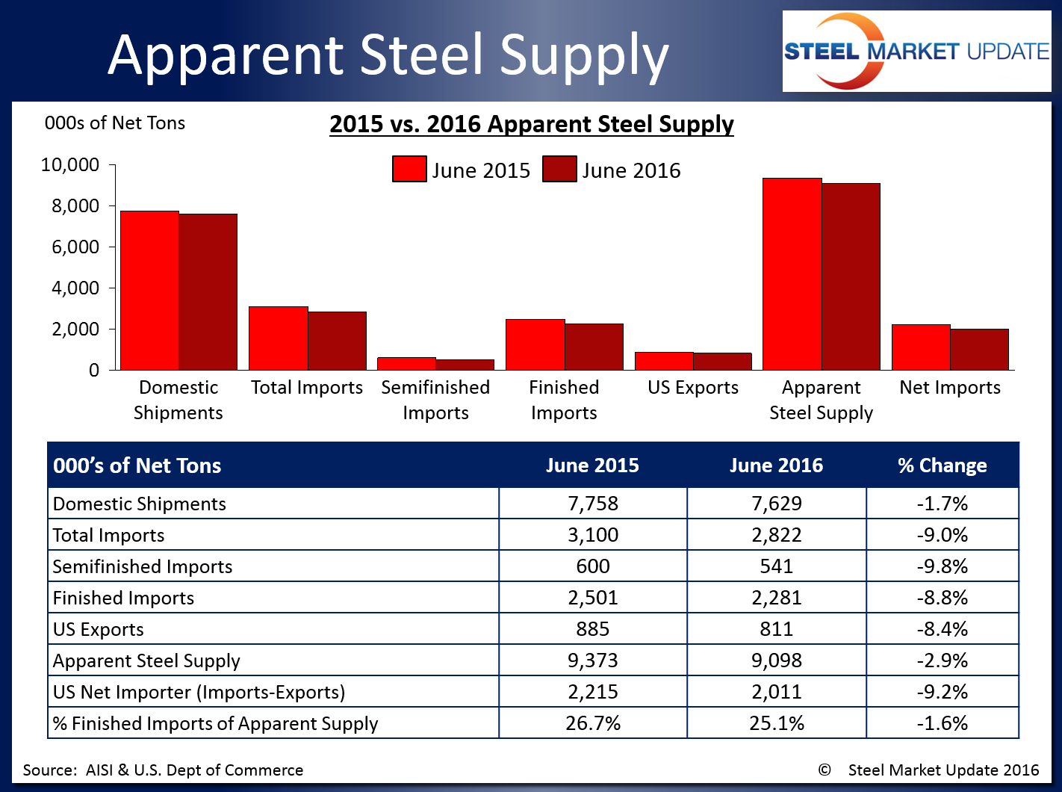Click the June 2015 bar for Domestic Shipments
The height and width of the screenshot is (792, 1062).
pos(149,291)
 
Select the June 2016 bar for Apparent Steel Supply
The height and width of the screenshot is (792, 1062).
pos(851,276)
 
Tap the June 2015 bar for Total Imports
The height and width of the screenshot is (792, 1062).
pos(278,338)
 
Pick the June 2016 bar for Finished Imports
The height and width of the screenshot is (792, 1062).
pos(594,347)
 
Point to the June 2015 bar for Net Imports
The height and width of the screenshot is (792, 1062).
pos(921,347)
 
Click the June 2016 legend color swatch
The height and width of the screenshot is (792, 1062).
pos(559,170)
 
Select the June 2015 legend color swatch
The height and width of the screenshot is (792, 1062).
pos(409,170)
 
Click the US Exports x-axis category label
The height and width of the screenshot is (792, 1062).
pos(693,388)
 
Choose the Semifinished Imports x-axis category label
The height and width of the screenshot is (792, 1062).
pos(435,400)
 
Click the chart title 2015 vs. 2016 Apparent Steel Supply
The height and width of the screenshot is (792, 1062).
pos(532,124)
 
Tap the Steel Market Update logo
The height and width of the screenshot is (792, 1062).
pos(916,52)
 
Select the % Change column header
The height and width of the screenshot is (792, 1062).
pos(942,465)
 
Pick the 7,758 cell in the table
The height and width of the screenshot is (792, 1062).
pos(593,504)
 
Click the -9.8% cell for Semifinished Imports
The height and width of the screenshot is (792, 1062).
pos(942,566)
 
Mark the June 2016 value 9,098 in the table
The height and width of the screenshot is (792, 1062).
pos(777,660)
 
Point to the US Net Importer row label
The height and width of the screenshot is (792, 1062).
pos(199,692)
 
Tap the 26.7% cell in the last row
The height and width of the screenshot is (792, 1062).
pos(593,723)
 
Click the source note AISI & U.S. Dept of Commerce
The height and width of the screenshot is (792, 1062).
pos(164,770)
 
